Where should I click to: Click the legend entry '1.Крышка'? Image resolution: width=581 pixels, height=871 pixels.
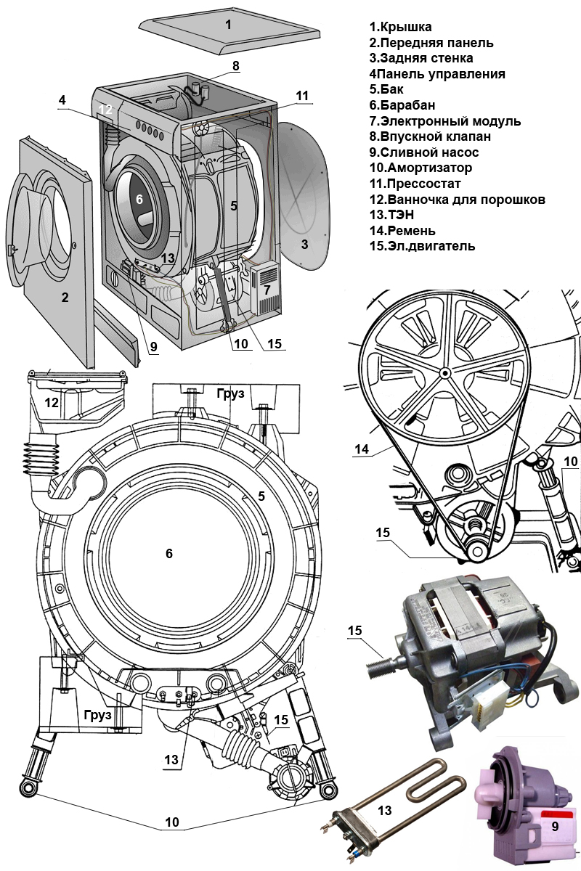pos(400,27)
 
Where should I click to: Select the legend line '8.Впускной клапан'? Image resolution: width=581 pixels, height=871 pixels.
pos(429,136)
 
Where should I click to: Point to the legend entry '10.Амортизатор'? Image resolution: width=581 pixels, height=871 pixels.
pos(420,168)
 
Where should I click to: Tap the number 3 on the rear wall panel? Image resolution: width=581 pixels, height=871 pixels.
pos(305,245)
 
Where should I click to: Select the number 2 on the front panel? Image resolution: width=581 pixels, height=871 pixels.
pos(65,297)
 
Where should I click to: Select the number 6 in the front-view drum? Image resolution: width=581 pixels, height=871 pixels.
pos(169,553)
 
